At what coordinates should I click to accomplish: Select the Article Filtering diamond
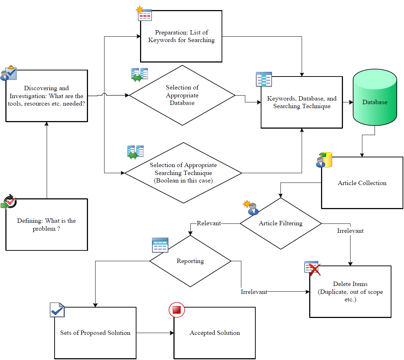pyautogui.click(x=280, y=223)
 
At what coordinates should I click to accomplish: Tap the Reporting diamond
pyautogui.click(x=190, y=261)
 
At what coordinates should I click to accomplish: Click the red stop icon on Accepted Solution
pyautogui.click(x=176, y=310)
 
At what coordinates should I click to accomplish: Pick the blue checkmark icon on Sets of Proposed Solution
pyautogui.click(x=57, y=310)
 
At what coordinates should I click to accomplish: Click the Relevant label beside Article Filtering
pyautogui.click(x=209, y=223)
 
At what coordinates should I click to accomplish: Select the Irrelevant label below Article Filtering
pyautogui.click(x=350, y=231)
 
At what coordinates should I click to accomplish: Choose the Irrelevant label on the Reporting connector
pyautogui.click(x=254, y=292)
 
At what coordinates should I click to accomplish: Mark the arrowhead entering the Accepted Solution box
pyautogui.click(x=172, y=333)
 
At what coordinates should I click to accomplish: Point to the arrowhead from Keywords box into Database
pyautogui.click(x=350, y=102)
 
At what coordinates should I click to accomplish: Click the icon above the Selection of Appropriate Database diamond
pyautogui.click(x=140, y=74)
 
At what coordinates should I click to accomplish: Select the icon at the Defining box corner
pyautogui.click(x=9, y=202)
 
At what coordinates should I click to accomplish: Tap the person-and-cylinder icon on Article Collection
pyautogui.click(x=324, y=160)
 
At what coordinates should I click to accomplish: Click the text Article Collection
pyautogui.click(x=362, y=183)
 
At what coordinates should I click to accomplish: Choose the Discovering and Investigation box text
pyautogui.click(x=46, y=96)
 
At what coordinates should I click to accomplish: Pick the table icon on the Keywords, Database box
pyautogui.click(x=264, y=79)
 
